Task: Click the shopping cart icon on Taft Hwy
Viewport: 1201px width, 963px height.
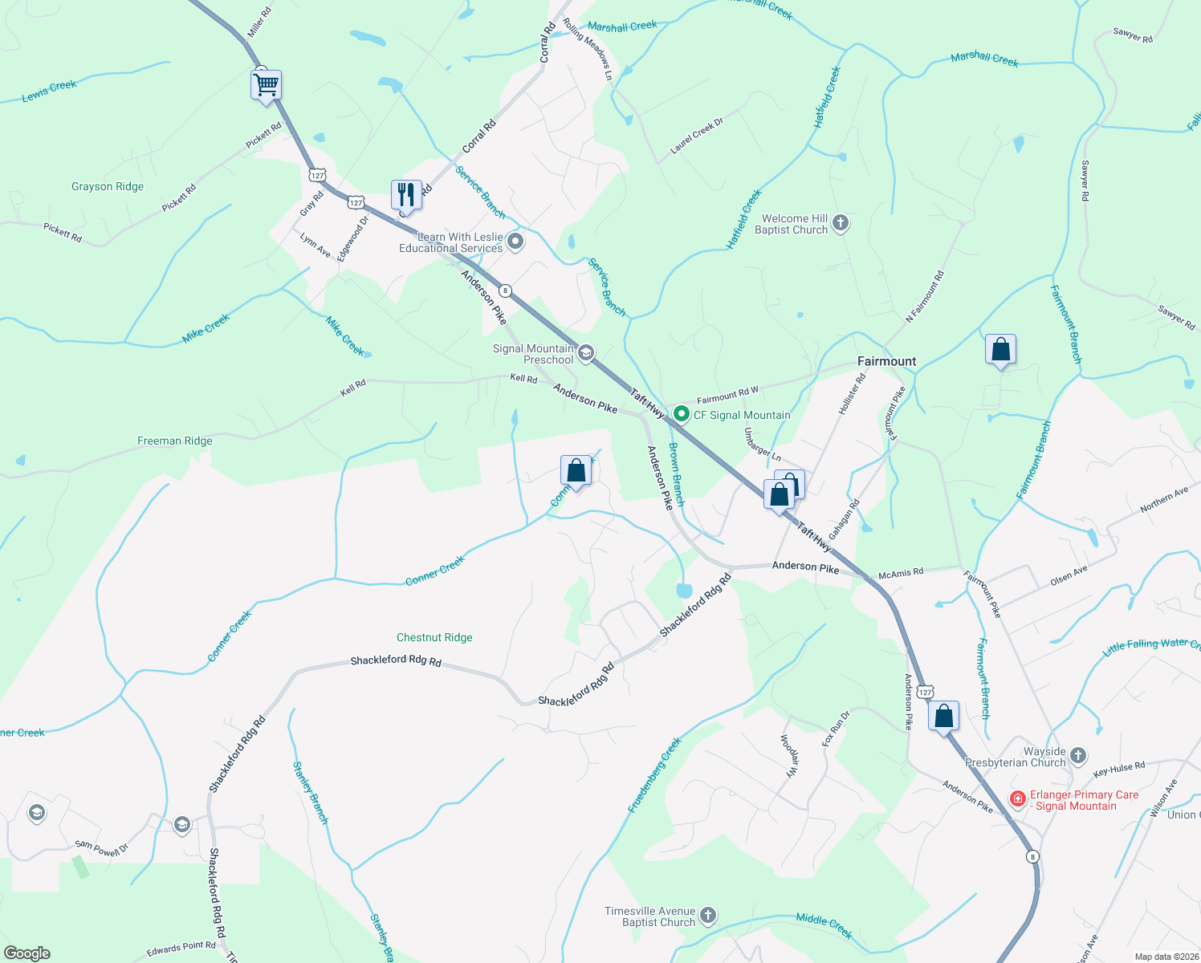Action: [266, 84]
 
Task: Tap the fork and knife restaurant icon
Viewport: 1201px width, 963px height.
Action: [406, 195]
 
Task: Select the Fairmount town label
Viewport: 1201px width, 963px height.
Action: [886, 361]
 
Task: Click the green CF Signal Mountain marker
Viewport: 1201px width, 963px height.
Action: [682, 414]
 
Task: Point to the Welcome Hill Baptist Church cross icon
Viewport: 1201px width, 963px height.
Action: [841, 223]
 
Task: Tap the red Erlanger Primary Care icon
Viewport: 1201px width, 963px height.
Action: [1018, 799]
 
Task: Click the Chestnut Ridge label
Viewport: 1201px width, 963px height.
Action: [434, 637]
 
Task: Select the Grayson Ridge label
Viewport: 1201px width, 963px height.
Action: [108, 186]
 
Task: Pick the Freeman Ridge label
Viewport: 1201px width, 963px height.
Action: [175, 441]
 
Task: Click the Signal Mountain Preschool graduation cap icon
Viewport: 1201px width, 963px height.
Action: [586, 353]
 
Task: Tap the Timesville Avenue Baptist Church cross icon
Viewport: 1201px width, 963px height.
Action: [707, 915]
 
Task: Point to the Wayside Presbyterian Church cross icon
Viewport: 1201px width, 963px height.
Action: [1078, 755]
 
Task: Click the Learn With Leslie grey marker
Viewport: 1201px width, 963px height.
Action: [515, 241]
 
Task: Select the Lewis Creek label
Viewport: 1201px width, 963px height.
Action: [49, 91]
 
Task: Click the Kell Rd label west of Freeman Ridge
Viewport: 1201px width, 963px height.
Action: [353, 388]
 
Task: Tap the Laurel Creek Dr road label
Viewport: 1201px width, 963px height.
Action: [697, 136]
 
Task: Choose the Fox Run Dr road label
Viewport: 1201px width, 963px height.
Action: [836, 728]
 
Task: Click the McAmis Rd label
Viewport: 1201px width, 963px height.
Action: [901, 573]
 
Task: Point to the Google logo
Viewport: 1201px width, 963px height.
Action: [27, 953]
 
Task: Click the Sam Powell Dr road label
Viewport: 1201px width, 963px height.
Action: [102, 848]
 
